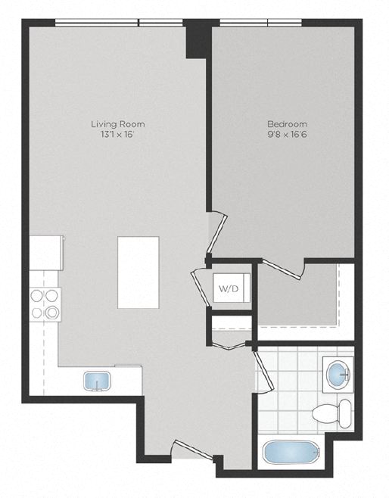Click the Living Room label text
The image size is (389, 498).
pos(117,124)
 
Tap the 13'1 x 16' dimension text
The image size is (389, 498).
pos(117,135)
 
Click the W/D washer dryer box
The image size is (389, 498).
pos(229,288)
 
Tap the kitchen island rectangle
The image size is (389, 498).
pos(138,272)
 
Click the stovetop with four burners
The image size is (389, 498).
pos(45,304)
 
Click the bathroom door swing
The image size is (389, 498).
pos(261,371)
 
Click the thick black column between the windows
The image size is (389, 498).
pos(198,38)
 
